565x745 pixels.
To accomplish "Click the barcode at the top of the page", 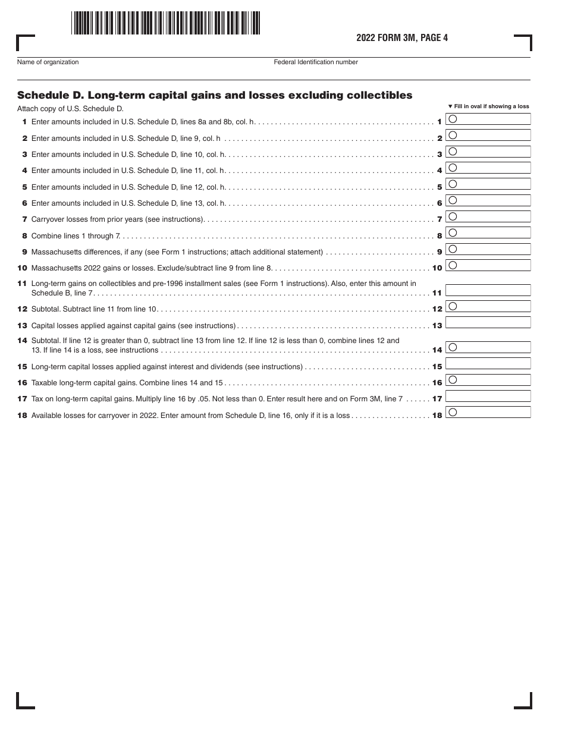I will click(x=165, y=23).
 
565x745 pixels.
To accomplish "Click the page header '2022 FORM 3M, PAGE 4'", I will click(x=402, y=38).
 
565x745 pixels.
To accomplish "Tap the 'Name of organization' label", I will click(x=48, y=62).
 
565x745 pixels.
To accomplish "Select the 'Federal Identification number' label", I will click(x=316, y=62).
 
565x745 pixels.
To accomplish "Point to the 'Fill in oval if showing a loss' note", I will click(x=488, y=106).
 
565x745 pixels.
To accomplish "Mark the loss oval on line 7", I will click(x=453, y=216).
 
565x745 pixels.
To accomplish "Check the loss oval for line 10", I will click(x=453, y=265).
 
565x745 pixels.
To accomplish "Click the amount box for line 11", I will click(x=488, y=290).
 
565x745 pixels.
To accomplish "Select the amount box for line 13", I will click(x=488, y=323).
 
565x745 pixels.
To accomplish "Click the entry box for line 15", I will click(x=488, y=363).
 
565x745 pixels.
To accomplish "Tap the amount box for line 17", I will click(x=488, y=396).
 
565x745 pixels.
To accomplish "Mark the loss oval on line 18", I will click(x=453, y=412).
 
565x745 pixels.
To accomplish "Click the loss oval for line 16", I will click(x=453, y=379).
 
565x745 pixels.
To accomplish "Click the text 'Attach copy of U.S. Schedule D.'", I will click(x=70, y=109).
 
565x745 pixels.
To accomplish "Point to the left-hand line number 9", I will click(x=24, y=252).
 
